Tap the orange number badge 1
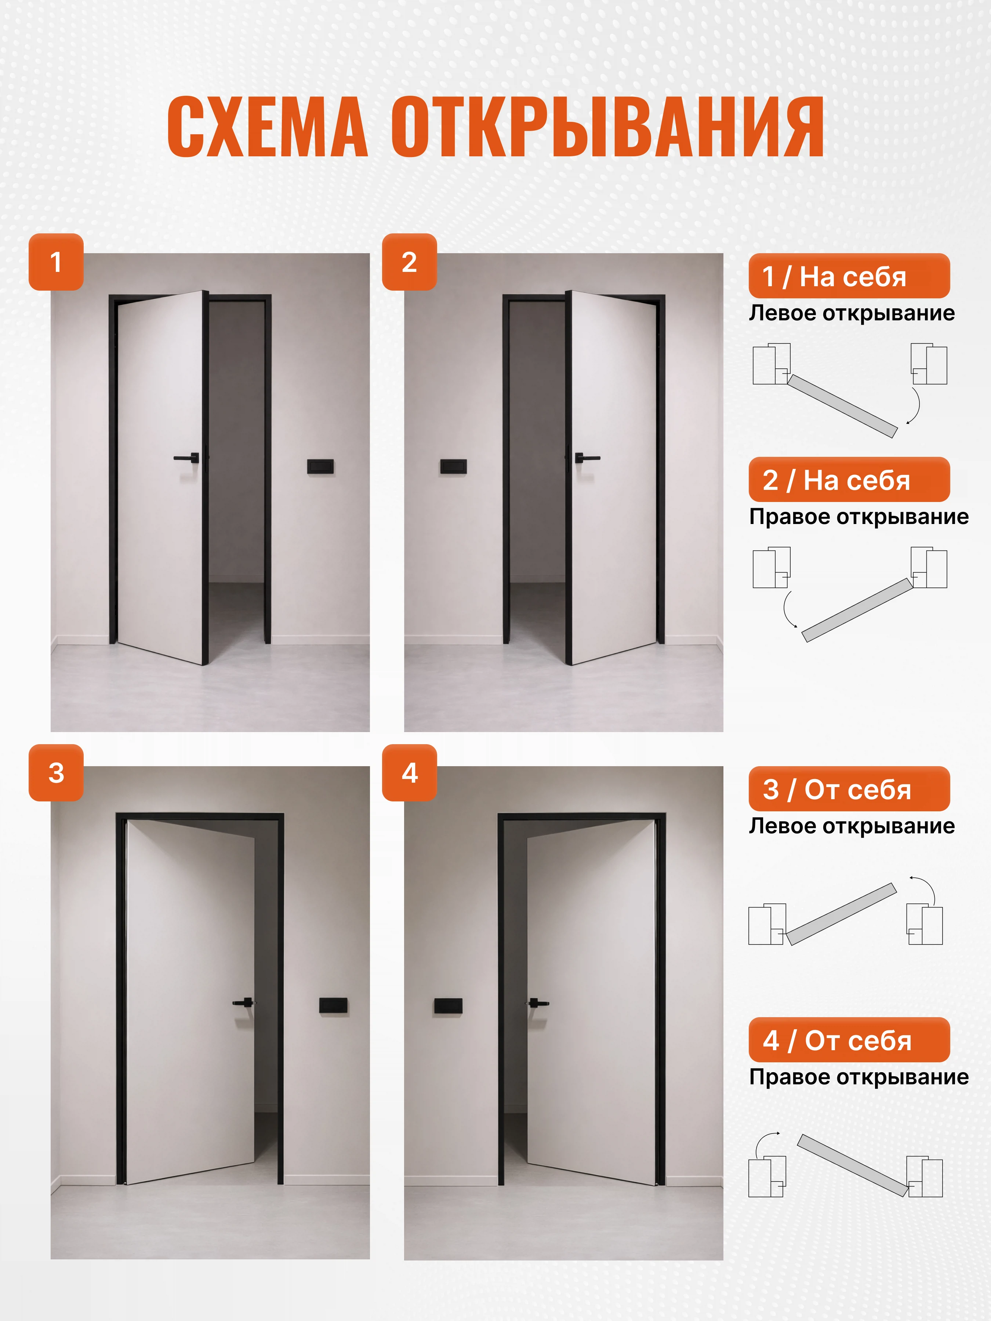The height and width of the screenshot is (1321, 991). pos(56,262)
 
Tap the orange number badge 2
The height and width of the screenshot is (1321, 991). pos(410,262)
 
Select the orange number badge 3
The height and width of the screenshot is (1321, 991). pos(56,773)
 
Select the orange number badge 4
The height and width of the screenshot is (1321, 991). pos(410,773)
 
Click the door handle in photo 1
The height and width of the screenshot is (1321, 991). pos(187,458)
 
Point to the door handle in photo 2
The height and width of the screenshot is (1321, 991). pos(587,458)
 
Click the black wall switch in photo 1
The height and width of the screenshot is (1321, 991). pos(321,466)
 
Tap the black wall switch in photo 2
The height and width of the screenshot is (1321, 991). pos(453,466)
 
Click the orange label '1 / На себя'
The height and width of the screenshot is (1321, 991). pos(849,276)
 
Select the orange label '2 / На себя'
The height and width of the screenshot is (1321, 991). pos(849,480)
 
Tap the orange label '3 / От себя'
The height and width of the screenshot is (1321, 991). pos(849,789)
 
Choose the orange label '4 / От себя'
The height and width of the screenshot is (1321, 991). pos(849,1040)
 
